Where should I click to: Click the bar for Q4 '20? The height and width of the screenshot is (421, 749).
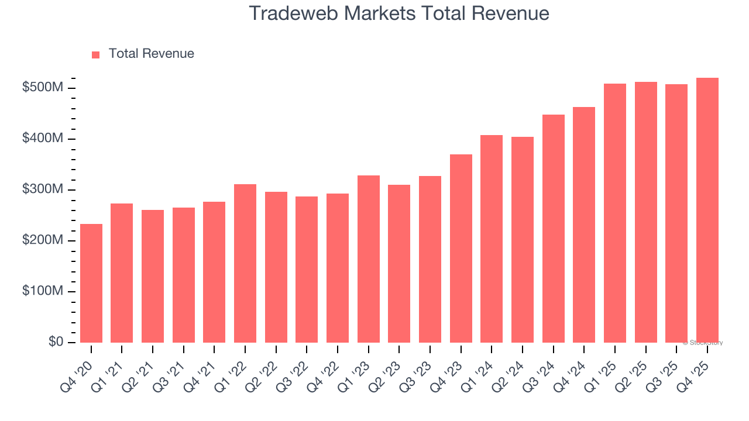[91, 283]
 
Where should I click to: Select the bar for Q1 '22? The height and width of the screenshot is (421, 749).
[245, 263]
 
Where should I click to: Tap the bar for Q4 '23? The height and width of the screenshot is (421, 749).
[461, 249]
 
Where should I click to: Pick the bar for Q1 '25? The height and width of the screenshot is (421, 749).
[615, 213]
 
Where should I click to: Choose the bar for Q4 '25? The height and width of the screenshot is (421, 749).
[707, 210]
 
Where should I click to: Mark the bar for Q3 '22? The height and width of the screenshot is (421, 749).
[307, 270]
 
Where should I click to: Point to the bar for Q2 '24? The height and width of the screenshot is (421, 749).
[523, 240]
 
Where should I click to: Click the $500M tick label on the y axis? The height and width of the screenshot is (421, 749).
[43, 88]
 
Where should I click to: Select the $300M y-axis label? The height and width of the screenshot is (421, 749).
[43, 189]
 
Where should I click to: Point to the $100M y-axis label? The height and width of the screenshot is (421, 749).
[43, 291]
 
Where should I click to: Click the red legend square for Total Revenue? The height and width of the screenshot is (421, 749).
[96, 54]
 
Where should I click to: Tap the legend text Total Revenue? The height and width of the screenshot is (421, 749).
[152, 54]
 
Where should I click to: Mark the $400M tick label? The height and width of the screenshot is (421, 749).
[43, 139]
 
